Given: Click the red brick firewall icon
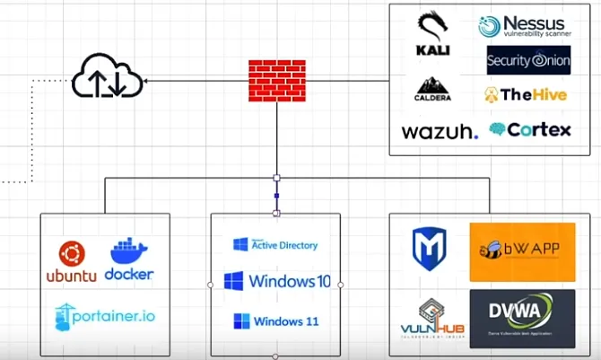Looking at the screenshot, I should tap(275, 80).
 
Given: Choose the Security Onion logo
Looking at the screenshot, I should tap(528, 60).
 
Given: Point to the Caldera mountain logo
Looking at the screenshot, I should tap(433, 89).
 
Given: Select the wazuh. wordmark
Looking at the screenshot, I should tap(440, 131).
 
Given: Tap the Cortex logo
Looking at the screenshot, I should tap(529, 129).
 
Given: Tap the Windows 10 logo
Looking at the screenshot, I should tap(276, 281).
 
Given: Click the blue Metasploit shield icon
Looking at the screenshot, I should tap(429, 249).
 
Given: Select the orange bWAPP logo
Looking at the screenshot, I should tap(522, 252).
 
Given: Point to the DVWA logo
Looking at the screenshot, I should tap(522, 318).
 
